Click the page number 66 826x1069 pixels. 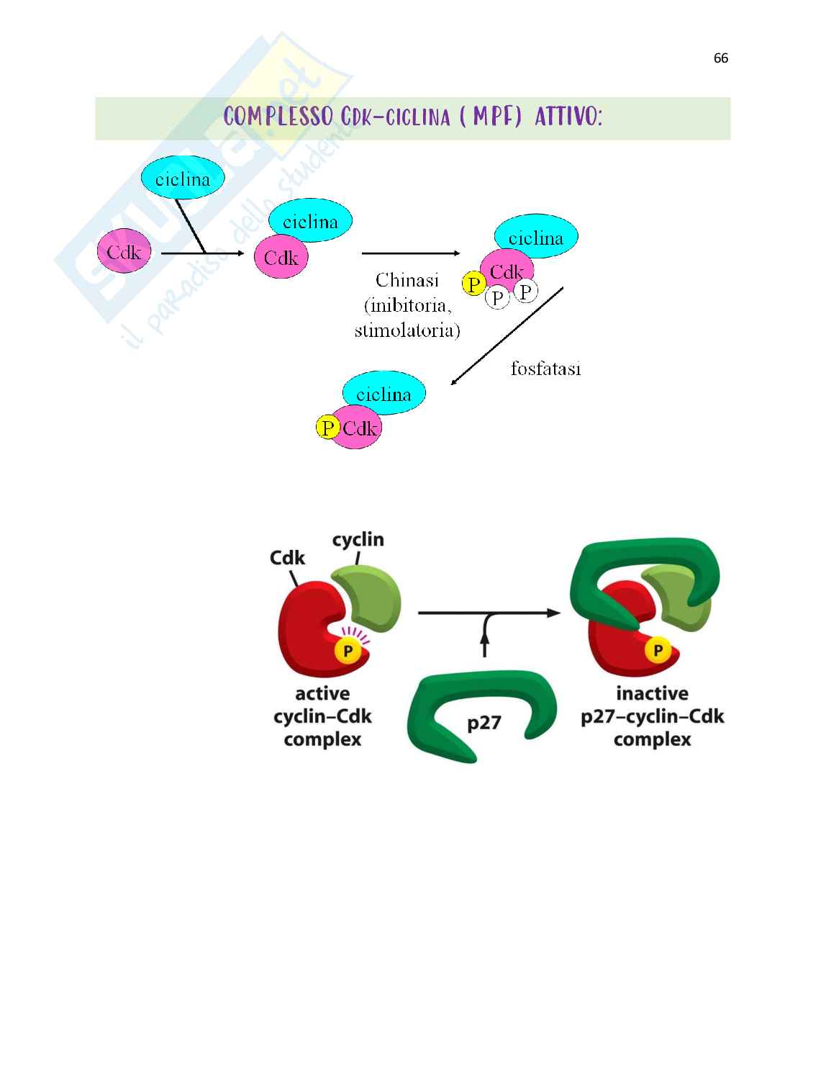[x=721, y=59]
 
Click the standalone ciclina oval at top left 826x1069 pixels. [x=183, y=179]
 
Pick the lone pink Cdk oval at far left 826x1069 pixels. [x=124, y=252]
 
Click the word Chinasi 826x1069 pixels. [x=407, y=280]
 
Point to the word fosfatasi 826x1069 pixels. [x=545, y=369]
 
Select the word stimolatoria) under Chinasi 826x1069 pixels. [x=407, y=330]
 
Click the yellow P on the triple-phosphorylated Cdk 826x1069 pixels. [x=473, y=285]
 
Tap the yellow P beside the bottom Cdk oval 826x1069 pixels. [x=327, y=428]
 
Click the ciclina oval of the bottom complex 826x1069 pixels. [x=383, y=394]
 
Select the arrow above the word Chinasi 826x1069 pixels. [x=410, y=253]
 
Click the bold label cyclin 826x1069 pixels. [x=358, y=539]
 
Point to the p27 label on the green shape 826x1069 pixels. [x=484, y=722]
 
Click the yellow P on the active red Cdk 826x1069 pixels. [x=348, y=651]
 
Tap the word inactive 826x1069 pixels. [x=652, y=693]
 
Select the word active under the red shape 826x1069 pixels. [x=322, y=693]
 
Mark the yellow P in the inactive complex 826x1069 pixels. [x=657, y=651]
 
